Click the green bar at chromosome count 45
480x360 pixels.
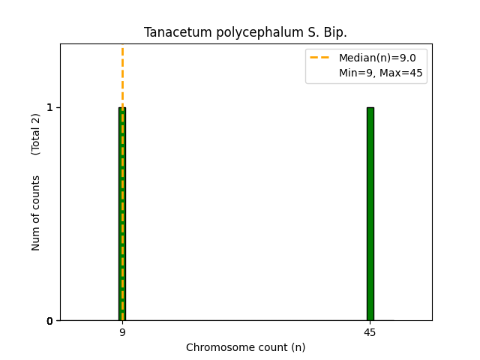click(x=370, y=214)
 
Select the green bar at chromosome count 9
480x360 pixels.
click(x=122, y=214)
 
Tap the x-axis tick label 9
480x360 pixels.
click(x=122, y=332)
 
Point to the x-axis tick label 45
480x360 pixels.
click(x=370, y=332)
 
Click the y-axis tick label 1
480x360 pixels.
click(x=49, y=107)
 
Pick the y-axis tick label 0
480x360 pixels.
click(x=49, y=321)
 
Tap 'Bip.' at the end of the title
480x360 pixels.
click(x=334, y=33)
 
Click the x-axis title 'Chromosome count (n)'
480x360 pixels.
click(x=245, y=347)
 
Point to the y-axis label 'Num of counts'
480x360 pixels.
click(x=36, y=212)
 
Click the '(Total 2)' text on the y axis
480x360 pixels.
click(x=36, y=134)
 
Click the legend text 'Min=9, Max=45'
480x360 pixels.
click(x=380, y=73)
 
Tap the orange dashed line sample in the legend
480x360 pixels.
click(x=320, y=58)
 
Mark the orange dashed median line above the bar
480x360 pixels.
click(x=122, y=75)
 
